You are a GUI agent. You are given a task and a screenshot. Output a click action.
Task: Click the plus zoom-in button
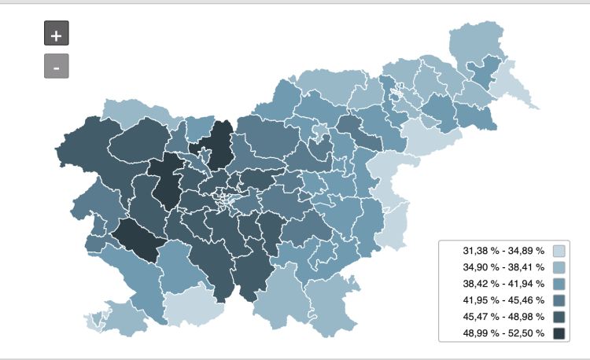pyautogui.click(x=57, y=34)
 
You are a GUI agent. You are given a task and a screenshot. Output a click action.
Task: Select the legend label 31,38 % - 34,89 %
pyautogui.click(x=503, y=251)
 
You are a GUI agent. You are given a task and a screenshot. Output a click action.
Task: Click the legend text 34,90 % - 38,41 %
pyautogui.click(x=503, y=267)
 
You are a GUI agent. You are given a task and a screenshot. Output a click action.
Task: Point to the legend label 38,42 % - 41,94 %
pyautogui.click(x=503, y=284)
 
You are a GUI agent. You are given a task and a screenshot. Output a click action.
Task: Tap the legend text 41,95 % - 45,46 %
pyautogui.click(x=503, y=300)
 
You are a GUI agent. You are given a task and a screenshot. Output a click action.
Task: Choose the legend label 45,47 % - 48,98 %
pyautogui.click(x=503, y=317)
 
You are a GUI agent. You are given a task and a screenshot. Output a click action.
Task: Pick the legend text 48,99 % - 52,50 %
pyautogui.click(x=503, y=333)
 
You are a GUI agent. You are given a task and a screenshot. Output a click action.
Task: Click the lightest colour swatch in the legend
pyautogui.click(x=559, y=251)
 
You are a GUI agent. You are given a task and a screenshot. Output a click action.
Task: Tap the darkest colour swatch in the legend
pyautogui.click(x=559, y=333)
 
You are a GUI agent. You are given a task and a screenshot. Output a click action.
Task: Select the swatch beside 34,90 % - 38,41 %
pyautogui.click(x=559, y=267)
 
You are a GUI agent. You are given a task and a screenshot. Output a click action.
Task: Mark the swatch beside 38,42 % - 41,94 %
pyautogui.click(x=559, y=284)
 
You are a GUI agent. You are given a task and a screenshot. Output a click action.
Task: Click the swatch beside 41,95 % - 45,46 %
pyautogui.click(x=559, y=300)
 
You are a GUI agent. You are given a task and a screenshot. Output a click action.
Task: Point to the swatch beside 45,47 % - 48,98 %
pyautogui.click(x=559, y=317)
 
